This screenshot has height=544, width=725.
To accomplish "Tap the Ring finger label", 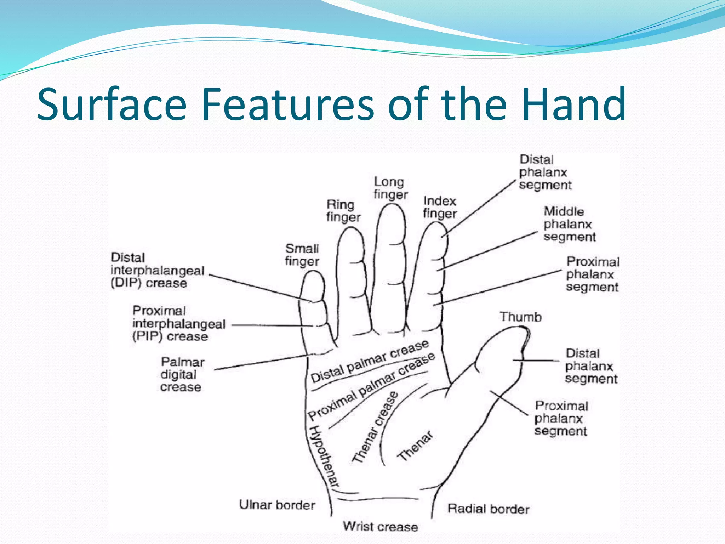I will click(343, 211).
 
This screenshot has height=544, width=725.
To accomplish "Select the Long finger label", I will click(390, 188).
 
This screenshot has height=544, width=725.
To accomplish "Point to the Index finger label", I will click(440, 207).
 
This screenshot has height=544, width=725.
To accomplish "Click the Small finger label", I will click(302, 255).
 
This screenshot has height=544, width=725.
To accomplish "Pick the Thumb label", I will click(520, 317).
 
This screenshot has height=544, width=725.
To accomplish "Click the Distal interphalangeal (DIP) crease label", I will click(158, 271).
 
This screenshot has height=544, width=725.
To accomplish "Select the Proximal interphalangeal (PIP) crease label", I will click(179, 324).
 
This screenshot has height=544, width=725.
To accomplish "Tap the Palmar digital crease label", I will click(182, 375).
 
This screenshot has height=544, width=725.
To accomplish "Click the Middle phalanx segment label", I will click(569, 224).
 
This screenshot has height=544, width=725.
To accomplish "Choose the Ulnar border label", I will click(277, 505).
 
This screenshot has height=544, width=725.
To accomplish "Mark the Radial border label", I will click(488, 509).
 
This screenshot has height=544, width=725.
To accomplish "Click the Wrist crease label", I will click(380, 527).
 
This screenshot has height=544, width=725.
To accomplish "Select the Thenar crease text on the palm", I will click(375, 427).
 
